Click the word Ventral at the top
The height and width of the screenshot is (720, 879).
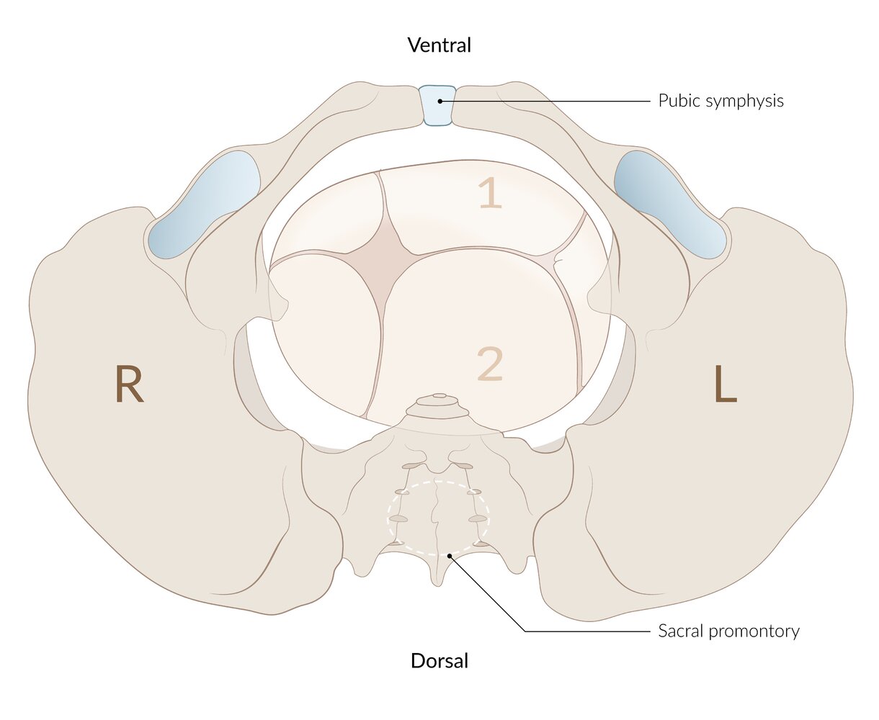tap(439, 45)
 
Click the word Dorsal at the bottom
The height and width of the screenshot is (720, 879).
tap(439, 660)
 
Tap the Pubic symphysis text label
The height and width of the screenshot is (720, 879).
tap(720, 102)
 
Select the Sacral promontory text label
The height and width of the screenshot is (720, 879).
tap(728, 631)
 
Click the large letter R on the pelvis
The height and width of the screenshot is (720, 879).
tap(129, 383)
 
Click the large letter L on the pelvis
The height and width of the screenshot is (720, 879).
tap(726, 383)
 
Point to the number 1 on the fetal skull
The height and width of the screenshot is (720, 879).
tap(490, 192)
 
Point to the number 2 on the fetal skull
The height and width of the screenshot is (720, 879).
tap(490, 364)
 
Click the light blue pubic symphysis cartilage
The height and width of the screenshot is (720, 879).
tap(437, 105)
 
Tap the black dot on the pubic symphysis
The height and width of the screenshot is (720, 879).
tap(439, 102)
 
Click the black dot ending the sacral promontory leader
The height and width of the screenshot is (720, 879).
tap(450, 555)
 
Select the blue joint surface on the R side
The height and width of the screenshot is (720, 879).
tap(204, 205)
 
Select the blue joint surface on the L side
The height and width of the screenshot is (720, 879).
tap(673, 205)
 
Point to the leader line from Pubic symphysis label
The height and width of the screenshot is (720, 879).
tap(545, 102)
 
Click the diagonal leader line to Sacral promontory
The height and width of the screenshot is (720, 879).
tap(487, 593)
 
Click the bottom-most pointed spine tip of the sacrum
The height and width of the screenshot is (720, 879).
tap(438, 585)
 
